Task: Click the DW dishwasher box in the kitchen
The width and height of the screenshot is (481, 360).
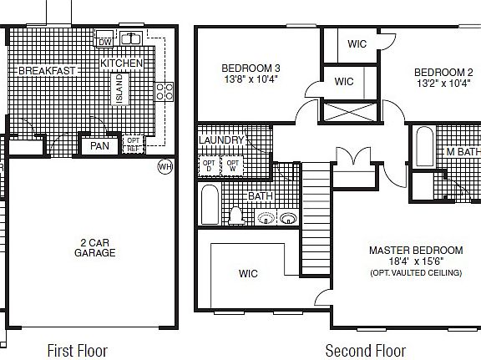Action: [x=105, y=42]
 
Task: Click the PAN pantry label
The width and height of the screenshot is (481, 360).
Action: [x=99, y=146]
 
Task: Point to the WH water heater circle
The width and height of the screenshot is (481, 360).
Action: [x=165, y=166]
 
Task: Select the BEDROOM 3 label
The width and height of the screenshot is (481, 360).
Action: [x=250, y=68]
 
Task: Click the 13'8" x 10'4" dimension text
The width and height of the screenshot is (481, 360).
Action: [x=250, y=80]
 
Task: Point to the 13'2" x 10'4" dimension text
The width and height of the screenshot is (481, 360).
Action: [x=443, y=84]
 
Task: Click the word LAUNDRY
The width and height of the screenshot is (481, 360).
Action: [x=221, y=140]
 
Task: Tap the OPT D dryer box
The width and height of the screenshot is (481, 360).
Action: [x=208, y=164]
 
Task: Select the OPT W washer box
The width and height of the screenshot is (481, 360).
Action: [x=232, y=164]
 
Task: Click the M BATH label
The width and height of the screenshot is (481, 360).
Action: [x=462, y=152]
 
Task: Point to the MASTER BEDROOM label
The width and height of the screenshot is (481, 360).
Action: [x=416, y=251]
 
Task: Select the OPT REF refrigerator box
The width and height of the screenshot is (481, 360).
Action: [x=133, y=146]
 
